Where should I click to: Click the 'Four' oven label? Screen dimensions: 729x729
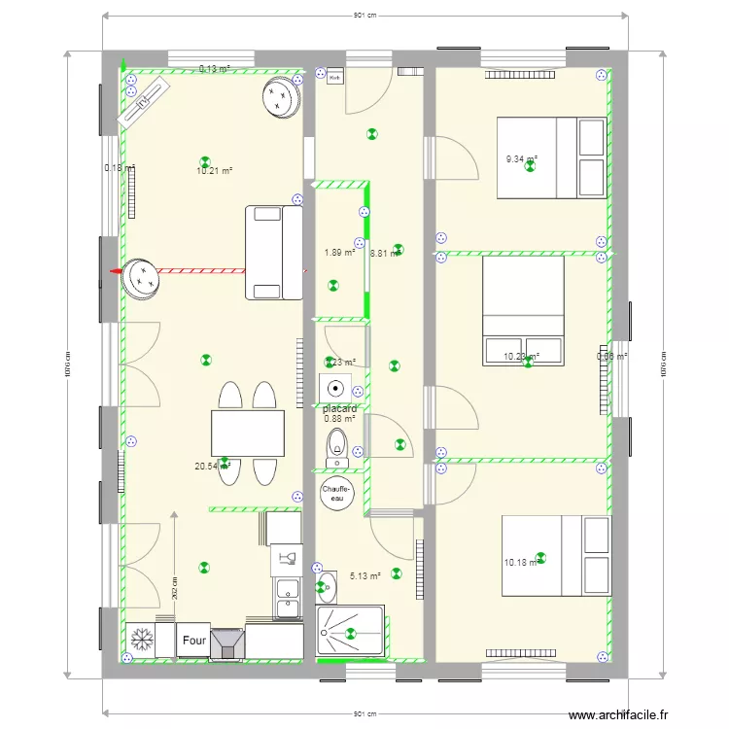[x=193, y=642]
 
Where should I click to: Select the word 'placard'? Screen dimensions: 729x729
[x=340, y=409]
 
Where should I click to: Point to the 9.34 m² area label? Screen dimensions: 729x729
[x=521, y=159]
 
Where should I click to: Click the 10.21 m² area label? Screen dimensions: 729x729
[x=214, y=171]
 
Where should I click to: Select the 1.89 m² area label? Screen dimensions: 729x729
[x=339, y=254]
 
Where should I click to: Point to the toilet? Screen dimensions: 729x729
[x=336, y=444]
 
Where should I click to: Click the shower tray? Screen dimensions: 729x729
[x=351, y=632]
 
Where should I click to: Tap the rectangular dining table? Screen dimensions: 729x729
[x=248, y=434]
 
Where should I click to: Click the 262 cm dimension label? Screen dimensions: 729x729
[x=175, y=586]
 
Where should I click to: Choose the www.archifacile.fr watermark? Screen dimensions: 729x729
[x=619, y=715]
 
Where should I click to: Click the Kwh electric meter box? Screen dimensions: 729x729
[x=335, y=77]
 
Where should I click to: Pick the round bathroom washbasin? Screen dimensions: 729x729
[x=327, y=586]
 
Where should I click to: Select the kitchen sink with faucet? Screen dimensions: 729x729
[x=286, y=557]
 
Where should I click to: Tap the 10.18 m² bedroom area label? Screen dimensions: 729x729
[x=520, y=563]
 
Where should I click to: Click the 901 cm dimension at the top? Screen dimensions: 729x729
[x=364, y=16]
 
